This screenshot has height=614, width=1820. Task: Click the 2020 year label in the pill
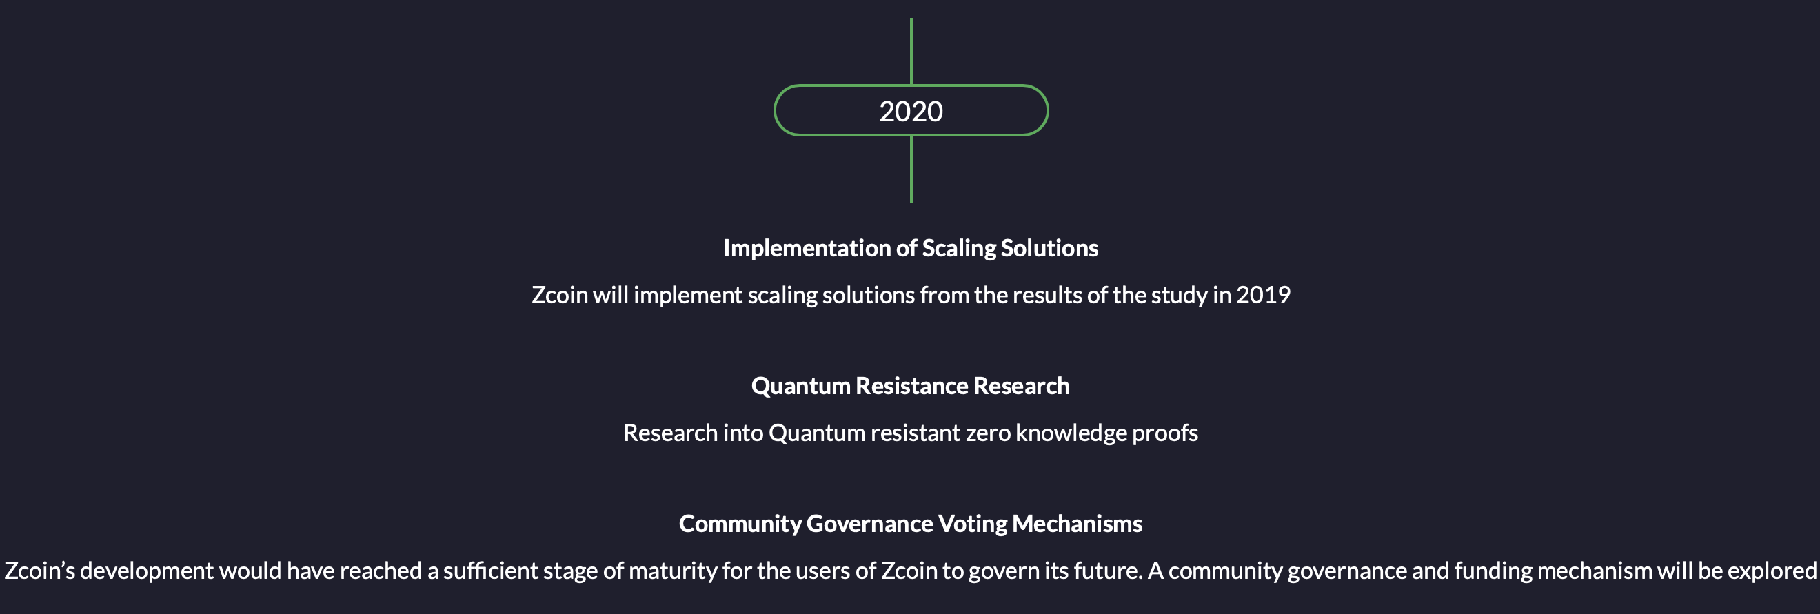[911, 111]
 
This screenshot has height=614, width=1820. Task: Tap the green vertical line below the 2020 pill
[911, 169]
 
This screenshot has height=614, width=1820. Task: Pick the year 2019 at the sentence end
[1263, 295]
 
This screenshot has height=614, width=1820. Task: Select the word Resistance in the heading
[911, 386]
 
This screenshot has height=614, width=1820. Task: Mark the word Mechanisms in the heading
[1077, 524]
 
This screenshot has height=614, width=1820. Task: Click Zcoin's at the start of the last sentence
[39, 570]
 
